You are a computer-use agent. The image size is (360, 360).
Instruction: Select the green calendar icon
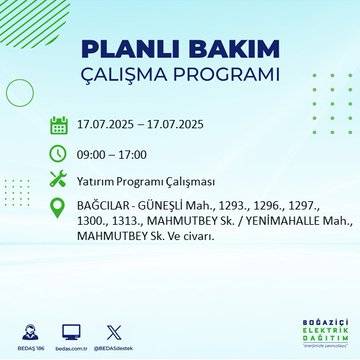[x=59, y=126]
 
